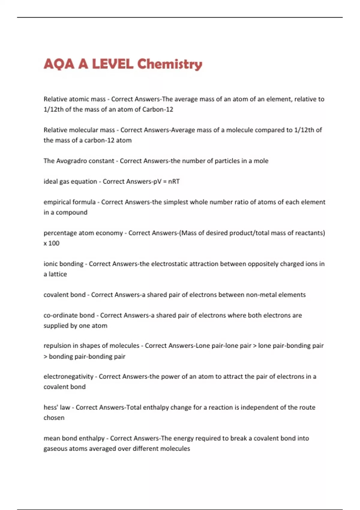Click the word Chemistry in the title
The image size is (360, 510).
pos(169,64)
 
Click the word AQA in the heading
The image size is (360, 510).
pos(59,64)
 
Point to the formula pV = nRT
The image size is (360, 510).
pos(166,181)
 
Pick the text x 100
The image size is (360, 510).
pos(51,243)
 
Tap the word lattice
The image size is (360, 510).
pos(58,274)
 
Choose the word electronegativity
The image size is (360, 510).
pos(68,377)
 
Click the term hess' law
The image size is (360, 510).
pos(57,407)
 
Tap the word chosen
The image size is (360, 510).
pos(54,418)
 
